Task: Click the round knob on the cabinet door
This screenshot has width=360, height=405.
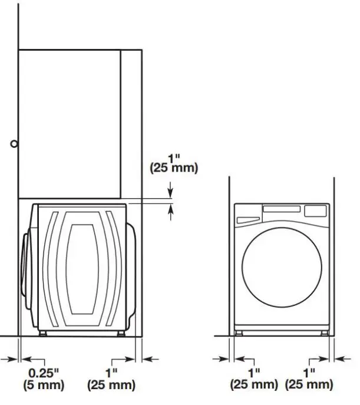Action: click(x=15, y=143)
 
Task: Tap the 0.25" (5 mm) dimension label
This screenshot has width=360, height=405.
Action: click(x=44, y=379)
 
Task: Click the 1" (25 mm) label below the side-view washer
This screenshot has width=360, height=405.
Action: click(x=111, y=379)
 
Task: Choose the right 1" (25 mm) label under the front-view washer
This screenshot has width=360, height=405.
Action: click(x=309, y=379)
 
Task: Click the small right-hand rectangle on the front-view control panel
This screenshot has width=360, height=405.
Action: click(x=316, y=210)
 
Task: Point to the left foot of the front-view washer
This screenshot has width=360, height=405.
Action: click(x=238, y=332)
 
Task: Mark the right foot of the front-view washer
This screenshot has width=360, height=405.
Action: click(x=324, y=332)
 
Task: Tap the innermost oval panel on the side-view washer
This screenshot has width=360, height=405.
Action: click(x=79, y=269)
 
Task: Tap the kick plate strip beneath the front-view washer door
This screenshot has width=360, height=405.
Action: click(x=281, y=324)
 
